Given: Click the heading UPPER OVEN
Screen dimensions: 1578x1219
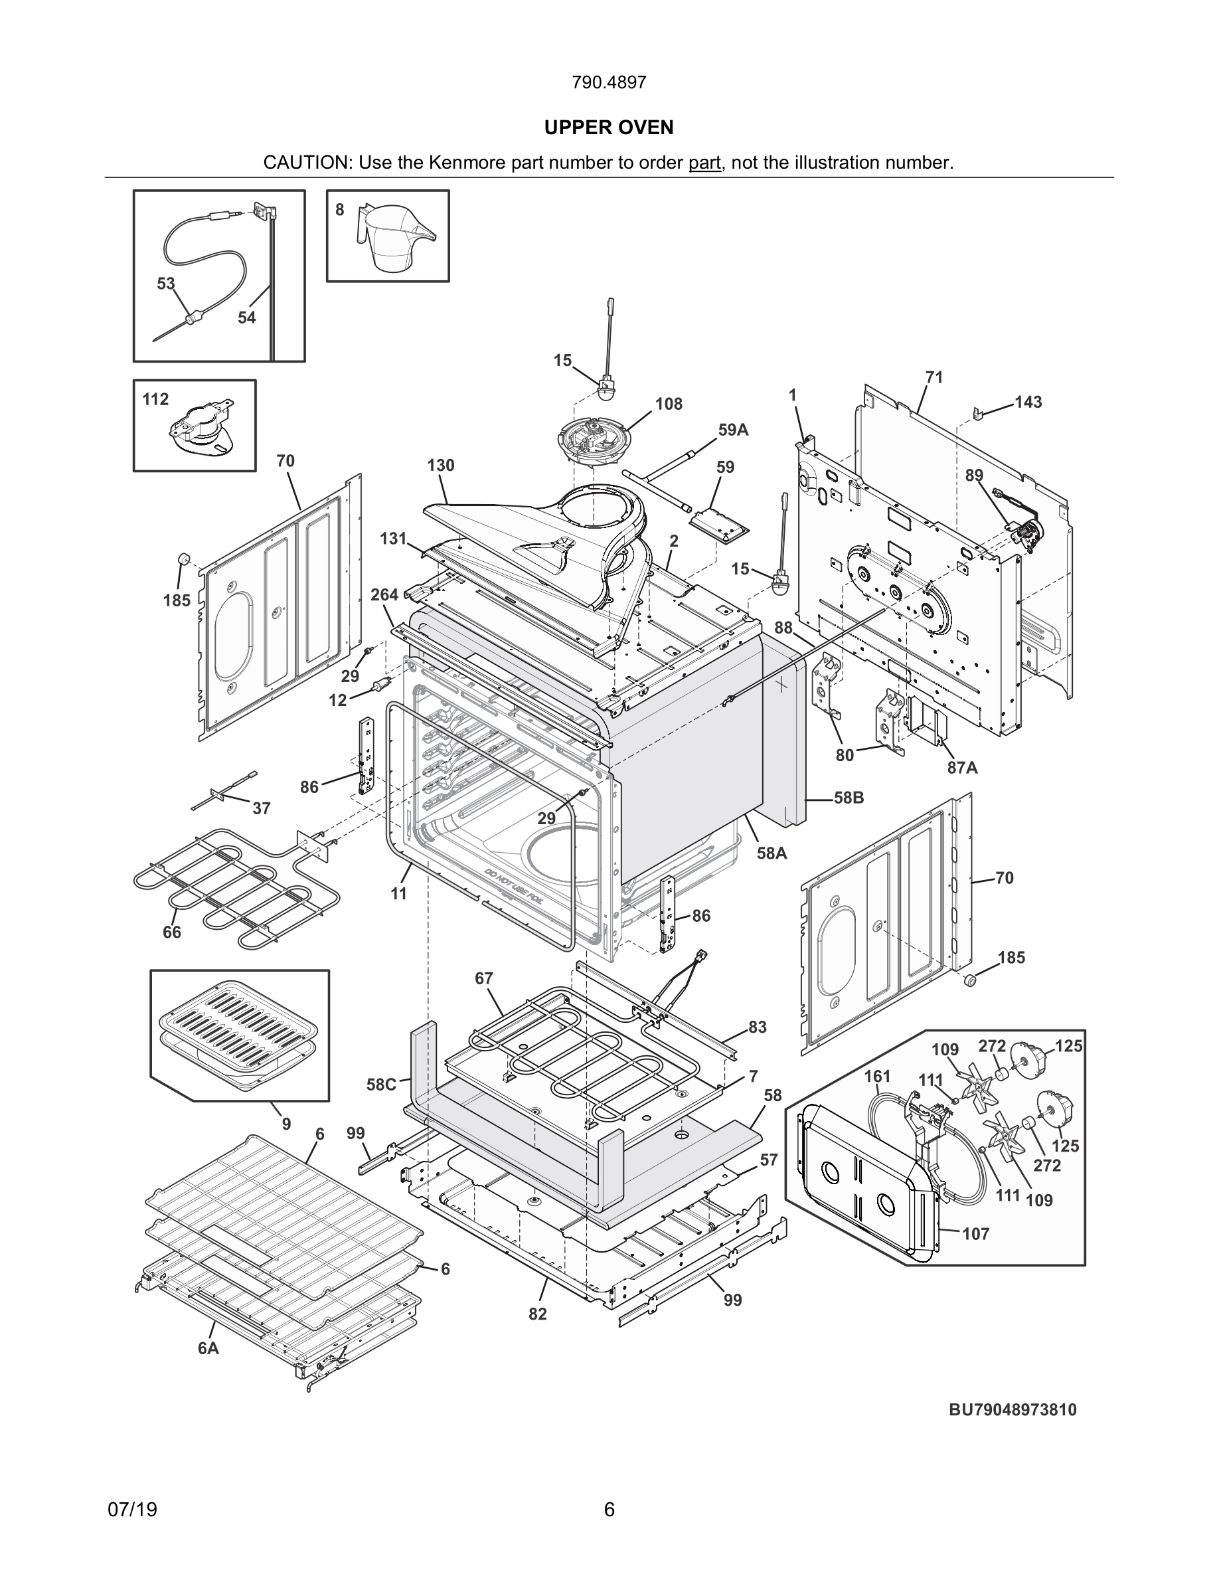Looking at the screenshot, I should click(609, 128).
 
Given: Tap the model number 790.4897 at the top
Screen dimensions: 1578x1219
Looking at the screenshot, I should click(609, 83).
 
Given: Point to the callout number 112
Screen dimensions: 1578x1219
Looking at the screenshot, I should click(155, 400).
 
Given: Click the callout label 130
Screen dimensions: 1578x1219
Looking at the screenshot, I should click(440, 466).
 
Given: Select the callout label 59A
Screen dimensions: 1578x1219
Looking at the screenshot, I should click(733, 430).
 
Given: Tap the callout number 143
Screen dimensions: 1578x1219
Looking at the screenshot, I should click(1028, 402).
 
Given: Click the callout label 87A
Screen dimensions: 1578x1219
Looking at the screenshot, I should click(963, 767).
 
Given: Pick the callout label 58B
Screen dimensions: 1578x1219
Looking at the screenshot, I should click(849, 798).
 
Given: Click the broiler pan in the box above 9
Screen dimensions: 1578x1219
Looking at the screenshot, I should click(239, 1035).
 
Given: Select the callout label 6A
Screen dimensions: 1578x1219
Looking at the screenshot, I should click(208, 1348).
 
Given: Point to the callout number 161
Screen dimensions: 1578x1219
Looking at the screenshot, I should click(878, 1077).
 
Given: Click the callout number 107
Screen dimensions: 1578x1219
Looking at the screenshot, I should click(975, 1234).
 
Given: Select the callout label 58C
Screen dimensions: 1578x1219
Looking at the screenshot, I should click(380, 1085).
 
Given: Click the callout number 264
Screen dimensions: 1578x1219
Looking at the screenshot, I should click(384, 594).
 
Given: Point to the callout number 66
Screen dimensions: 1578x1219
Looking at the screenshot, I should click(172, 932).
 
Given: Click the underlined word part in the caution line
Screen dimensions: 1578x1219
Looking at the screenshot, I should click(704, 163).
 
